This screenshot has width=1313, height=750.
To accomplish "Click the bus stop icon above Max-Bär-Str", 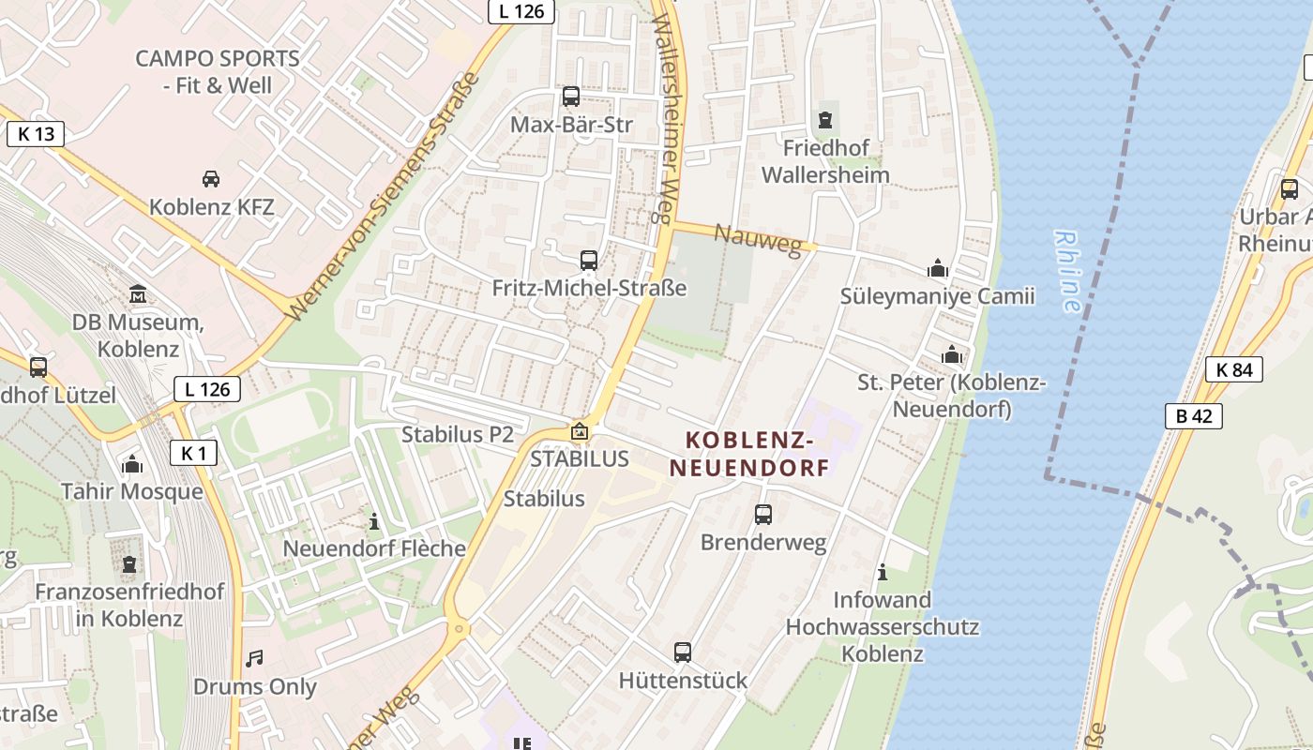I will [x=570, y=96].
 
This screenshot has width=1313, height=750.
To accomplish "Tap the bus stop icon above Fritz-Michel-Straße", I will [x=589, y=260].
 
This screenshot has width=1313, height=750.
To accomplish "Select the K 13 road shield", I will [x=37, y=133].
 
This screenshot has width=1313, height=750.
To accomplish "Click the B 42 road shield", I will [x=1194, y=415].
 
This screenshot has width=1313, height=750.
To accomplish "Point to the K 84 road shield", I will [x=1234, y=368].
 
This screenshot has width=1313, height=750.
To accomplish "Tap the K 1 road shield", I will [x=194, y=454].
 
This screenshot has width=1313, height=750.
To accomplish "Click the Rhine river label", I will [x=1066, y=271].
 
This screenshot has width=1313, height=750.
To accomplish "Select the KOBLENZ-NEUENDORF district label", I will [x=758, y=453].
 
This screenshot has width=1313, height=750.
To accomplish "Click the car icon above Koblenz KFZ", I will [x=211, y=178].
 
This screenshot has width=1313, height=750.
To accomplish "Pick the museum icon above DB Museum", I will [x=138, y=293].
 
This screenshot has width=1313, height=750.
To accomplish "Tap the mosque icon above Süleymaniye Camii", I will [x=937, y=268].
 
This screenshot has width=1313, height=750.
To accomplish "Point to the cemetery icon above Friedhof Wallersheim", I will [x=825, y=119].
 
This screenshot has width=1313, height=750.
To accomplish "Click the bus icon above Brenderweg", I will [x=763, y=514].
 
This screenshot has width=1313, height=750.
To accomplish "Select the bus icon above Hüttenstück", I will [x=683, y=652].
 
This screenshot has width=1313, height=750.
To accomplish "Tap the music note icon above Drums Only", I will [x=254, y=658].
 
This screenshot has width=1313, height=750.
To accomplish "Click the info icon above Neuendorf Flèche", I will [x=374, y=520].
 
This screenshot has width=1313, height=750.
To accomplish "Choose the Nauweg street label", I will [x=759, y=239].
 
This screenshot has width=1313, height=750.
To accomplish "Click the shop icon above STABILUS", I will [x=580, y=431].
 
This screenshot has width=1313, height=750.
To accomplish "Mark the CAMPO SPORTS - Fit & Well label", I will [x=217, y=71].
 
